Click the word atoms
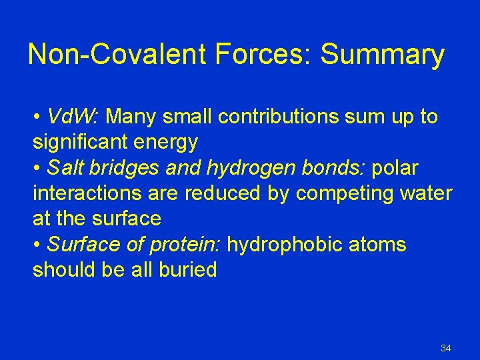coord(381,245)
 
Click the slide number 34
coord(446,348)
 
